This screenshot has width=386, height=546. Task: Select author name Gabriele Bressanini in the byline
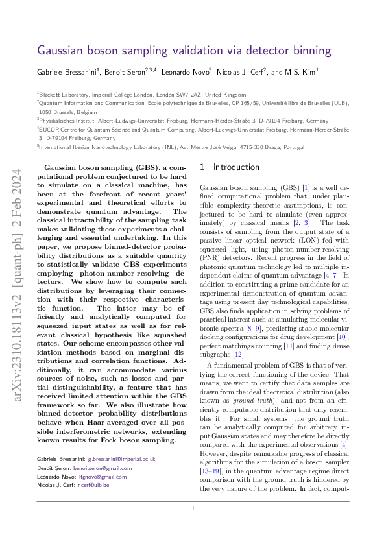coord(64,73)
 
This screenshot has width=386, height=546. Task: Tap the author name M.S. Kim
coord(299,73)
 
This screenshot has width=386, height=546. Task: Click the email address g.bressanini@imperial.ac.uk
coord(121,458)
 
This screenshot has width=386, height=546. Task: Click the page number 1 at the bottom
coord(193,508)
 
